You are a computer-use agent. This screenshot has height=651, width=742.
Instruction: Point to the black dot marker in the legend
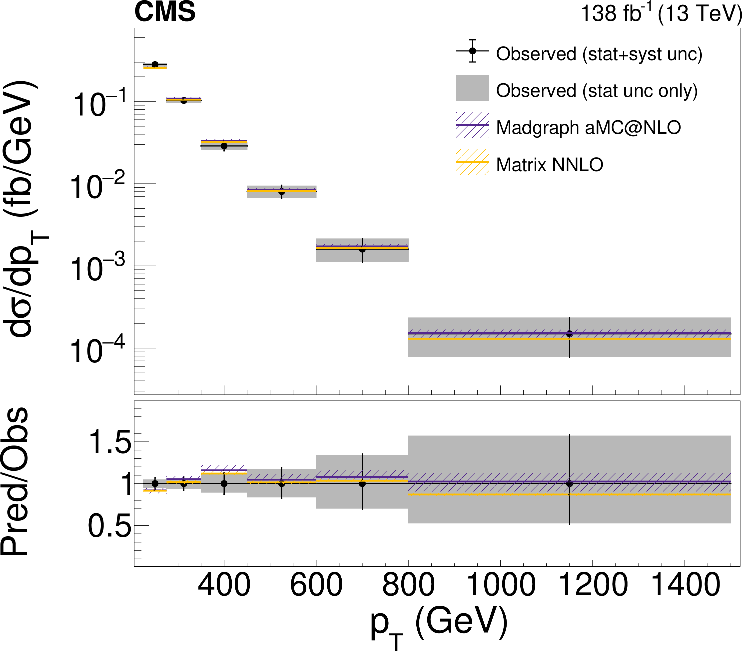tap(472, 51)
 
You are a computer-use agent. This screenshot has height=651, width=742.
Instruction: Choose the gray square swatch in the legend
tap(472, 88)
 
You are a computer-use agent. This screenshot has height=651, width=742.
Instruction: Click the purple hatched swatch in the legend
tap(472, 125)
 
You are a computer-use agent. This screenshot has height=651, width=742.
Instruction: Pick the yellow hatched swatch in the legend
tap(472, 162)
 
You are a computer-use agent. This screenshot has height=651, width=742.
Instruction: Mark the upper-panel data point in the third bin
tap(224, 146)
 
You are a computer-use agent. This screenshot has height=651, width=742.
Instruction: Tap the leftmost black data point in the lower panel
tap(155, 483)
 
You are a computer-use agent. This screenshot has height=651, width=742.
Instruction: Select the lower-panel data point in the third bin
tap(224, 483)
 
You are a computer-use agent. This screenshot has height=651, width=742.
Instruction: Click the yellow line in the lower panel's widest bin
tap(490, 494)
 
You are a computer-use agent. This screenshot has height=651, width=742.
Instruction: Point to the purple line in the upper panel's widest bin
tap(490, 333)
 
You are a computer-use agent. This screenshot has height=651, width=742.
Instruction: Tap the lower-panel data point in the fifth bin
tap(362, 483)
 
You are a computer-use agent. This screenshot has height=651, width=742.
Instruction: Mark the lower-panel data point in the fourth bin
tap(282, 483)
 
